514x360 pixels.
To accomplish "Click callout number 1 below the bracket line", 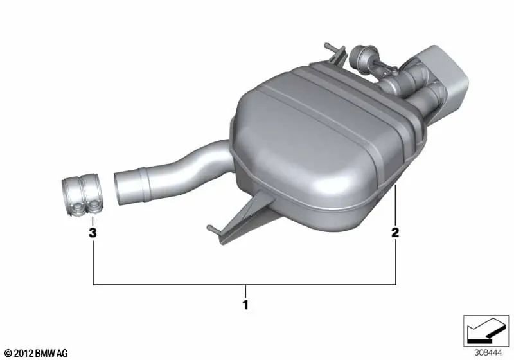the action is [245, 305].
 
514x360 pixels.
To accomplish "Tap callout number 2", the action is [395, 232].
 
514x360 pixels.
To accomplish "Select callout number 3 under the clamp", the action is [93, 233].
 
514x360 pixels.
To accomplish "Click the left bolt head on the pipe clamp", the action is [78, 207].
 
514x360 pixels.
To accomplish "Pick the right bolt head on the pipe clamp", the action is [94, 206].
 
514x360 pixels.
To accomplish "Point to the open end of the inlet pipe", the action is [120, 188].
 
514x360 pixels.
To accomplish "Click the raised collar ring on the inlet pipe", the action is [145, 184].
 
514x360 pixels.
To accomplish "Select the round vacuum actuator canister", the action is [359, 56].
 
